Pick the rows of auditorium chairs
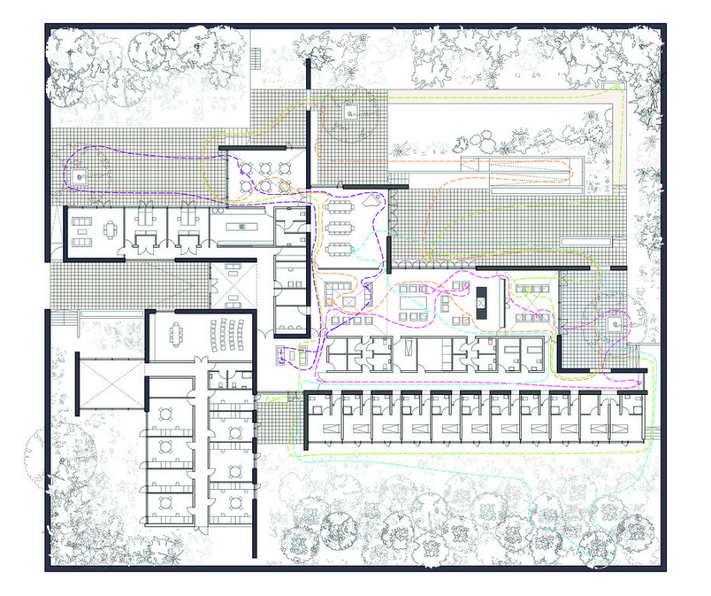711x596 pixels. (229, 335)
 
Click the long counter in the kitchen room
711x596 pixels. (243, 228)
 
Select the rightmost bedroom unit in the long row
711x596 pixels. (630, 416)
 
